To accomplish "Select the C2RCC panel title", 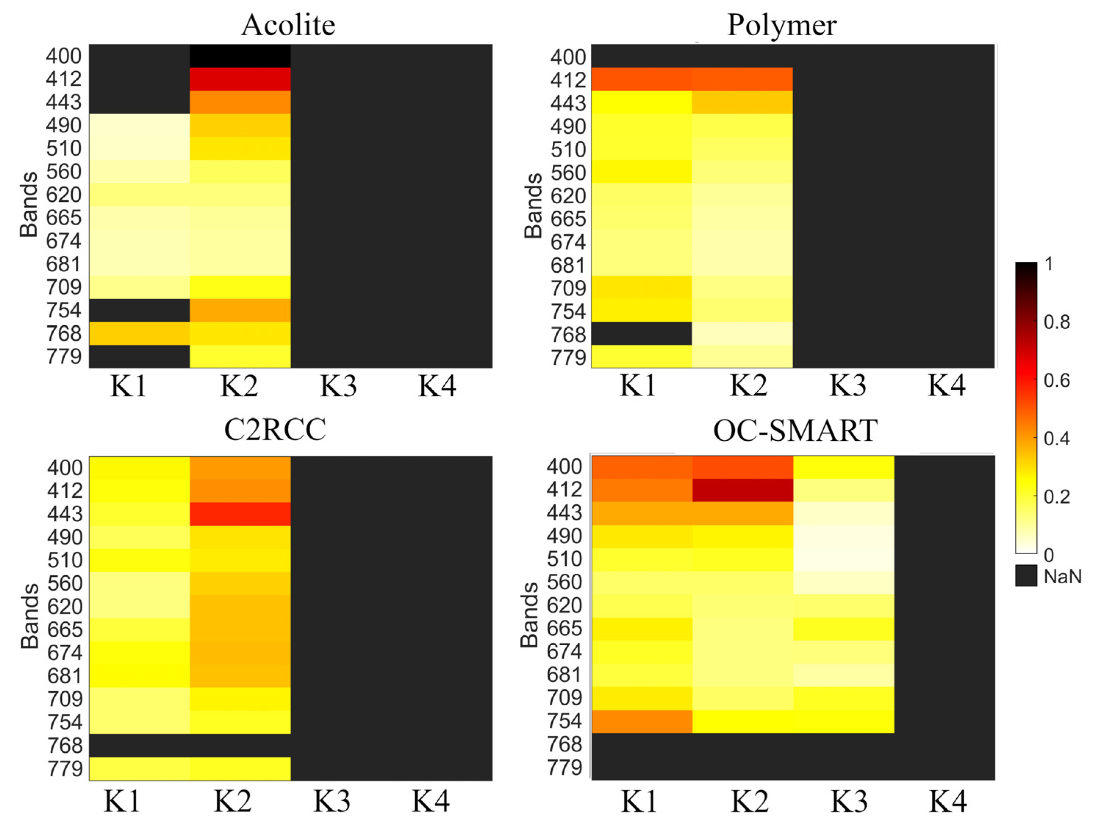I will [x=275, y=430].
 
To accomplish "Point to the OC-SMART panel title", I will [x=795, y=430].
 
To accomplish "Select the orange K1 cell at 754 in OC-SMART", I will [x=642, y=721].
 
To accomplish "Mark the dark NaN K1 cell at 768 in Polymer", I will [x=642, y=333].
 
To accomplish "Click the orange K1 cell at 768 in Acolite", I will [x=140, y=333].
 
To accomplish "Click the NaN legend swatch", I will [x=1026, y=576].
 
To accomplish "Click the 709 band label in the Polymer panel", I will [x=568, y=288].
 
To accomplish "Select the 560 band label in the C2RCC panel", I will [x=65, y=583].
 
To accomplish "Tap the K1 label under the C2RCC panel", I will [x=122, y=802].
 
